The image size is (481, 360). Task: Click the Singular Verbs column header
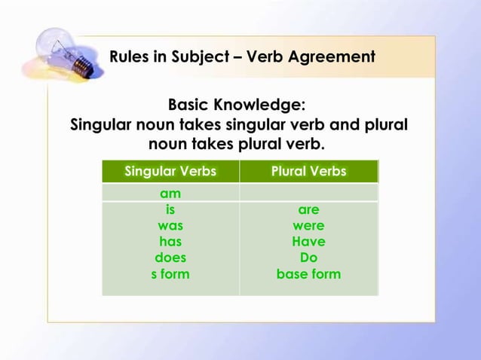170,171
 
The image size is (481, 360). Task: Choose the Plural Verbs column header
308,171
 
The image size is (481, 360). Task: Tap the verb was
170,225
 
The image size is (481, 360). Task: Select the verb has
170,242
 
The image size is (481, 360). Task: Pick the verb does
170,258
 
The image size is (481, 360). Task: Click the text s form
170,274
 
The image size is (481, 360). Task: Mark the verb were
308,225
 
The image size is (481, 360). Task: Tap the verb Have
308,242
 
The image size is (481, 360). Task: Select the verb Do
308,258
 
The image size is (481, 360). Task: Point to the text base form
308,274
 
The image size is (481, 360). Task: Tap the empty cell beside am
308,193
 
